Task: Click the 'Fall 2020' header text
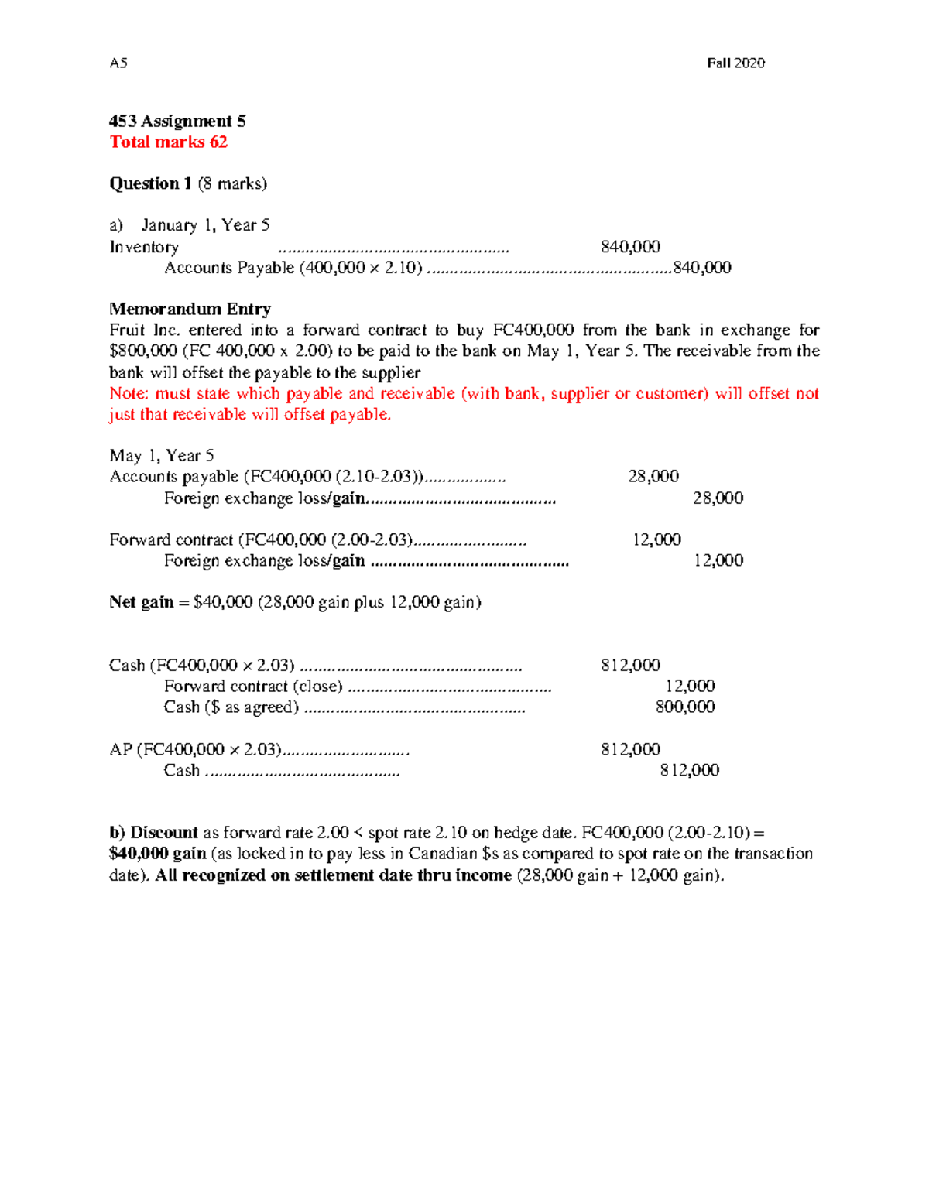[x=735, y=63]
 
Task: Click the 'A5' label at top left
[x=118, y=63]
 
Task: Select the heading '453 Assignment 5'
[x=177, y=121]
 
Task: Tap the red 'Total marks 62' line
[x=168, y=142]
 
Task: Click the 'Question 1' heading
[x=150, y=183]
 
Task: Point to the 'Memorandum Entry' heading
[x=190, y=309]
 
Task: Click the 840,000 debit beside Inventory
[x=630, y=247]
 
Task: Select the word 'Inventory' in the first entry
[x=144, y=247]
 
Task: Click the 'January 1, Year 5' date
[x=205, y=225]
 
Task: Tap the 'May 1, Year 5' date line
[x=161, y=455]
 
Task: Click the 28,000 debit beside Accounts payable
[x=653, y=476]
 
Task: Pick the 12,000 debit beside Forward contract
[x=656, y=539]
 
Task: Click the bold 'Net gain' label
[x=141, y=602]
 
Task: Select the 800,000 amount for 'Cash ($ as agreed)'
[x=685, y=707]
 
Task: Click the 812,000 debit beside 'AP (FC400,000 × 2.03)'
[x=630, y=749]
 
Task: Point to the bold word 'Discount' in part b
[x=164, y=833]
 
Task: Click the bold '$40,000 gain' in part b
[x=157, y=854]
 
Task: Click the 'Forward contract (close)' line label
[x=253, y=686]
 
